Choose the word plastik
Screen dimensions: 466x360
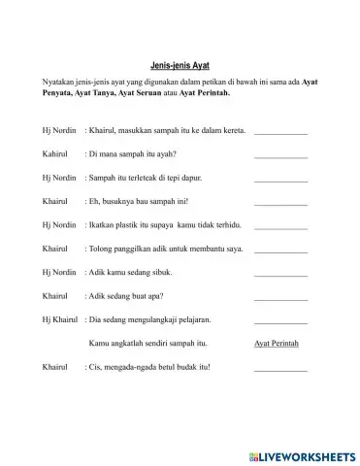pos(131,225)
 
